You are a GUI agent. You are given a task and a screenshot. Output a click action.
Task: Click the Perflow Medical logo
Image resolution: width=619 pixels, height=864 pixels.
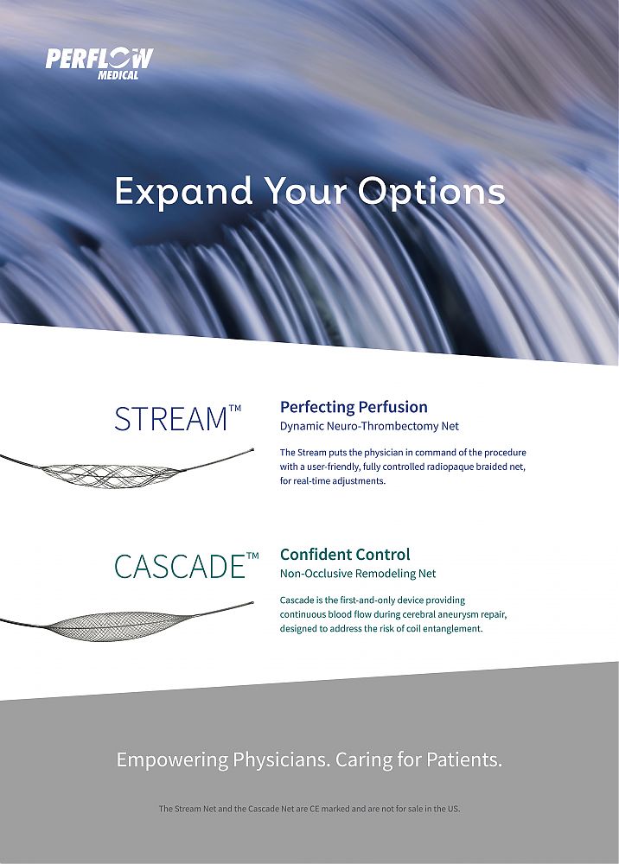(99, 64)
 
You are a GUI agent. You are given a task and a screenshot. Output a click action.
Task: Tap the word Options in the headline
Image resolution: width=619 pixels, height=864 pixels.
(431, 193)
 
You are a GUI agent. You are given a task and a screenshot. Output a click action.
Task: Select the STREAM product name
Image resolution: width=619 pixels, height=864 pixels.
(177, 419)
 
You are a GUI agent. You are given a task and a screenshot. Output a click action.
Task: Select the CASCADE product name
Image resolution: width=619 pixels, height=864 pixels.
(187, 566)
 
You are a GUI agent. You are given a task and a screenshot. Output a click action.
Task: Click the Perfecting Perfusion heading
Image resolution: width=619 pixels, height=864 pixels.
(354, 407)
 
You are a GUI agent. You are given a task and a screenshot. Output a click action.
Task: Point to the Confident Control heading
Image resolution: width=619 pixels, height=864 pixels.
(345, 555)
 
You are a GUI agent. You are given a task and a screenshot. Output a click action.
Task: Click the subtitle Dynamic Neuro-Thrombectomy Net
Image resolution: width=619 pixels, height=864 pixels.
(369, 426)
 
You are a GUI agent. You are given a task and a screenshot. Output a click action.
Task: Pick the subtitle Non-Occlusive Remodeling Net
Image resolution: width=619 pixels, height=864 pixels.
(358, 574)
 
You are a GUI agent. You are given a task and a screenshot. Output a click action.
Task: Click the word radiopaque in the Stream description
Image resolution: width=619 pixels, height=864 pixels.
(450, 467)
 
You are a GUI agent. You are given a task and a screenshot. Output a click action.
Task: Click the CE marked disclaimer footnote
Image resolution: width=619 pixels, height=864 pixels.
(309, 809)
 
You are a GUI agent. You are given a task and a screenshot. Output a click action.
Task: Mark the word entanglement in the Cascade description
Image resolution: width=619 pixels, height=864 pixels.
(452, 629)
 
